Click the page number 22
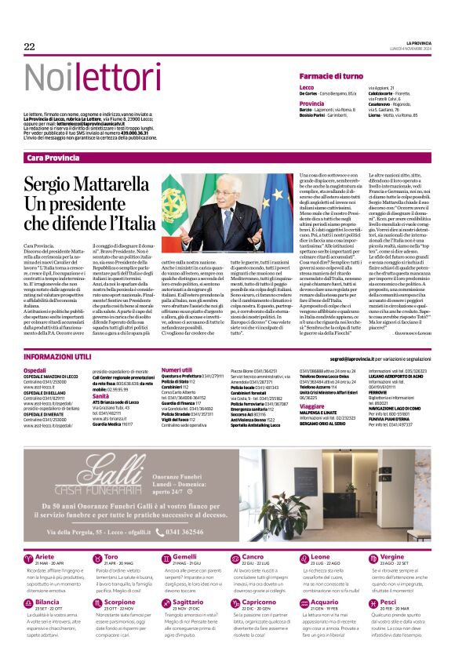[x=30, y=47]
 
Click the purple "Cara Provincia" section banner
[x=53, y=158]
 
